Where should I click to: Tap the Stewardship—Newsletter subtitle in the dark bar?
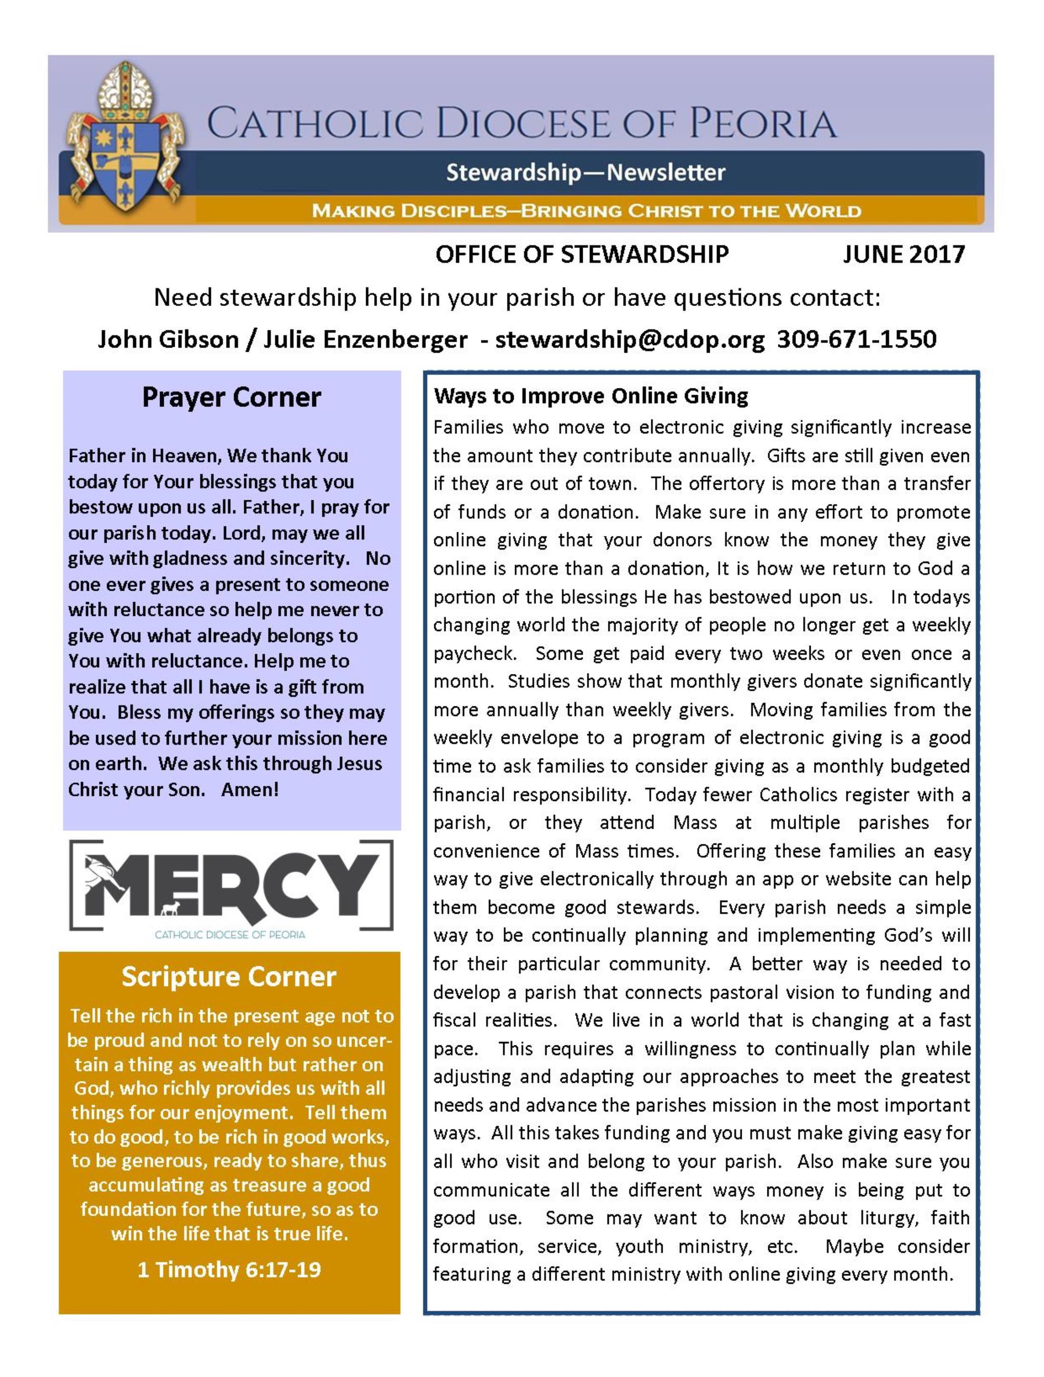pyautogui.click(x=585, y=172)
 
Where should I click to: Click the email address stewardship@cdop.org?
pyautogui.click(x=629, y=339)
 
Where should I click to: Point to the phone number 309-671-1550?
pyautogui.click(x=856, y=339)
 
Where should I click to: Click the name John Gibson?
pyautogui.click(x=168, y=339)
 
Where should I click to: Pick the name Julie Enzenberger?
pyautogui.click(x=366, y=339)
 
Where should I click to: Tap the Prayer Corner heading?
pyautogui.click(x=231, y=397)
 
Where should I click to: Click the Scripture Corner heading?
pyautogui.click(x=229, y=976)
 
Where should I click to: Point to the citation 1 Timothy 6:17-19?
pyautogui.click(x=229, y=1269)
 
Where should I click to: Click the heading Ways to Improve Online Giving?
pyautogui.click(x=591, y=396)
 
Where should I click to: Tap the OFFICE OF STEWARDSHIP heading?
pyautogui.click(x=581, y=255)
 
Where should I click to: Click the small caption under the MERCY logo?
pyautogui.click(x=230, y=935)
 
